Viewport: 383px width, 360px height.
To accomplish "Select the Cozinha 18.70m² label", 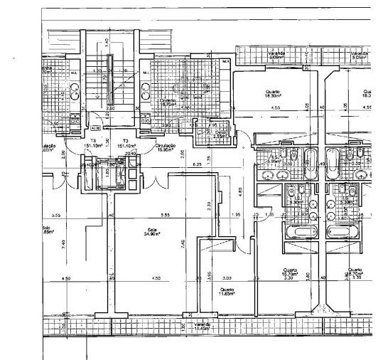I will point(168,102).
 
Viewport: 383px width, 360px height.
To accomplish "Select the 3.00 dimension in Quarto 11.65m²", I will point(227,278).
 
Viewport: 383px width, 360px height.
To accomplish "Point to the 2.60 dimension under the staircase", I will point(110,109).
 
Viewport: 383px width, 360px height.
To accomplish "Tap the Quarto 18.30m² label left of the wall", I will point(273,93).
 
